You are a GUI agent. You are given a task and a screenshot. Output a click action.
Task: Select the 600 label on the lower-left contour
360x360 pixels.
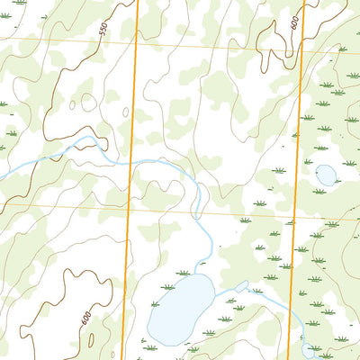[x=85, y=318]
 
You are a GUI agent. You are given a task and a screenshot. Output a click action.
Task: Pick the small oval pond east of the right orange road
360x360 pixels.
[x=325, y=175]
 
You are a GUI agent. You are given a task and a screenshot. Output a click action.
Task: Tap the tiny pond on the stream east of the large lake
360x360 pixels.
[x=241, y=286]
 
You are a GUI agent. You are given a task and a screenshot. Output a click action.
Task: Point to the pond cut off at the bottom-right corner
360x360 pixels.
[x=310, y=351]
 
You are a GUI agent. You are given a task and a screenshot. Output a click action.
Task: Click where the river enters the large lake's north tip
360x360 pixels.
[x=204, y=274]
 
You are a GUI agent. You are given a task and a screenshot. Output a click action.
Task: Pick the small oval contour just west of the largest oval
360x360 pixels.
[x=87, y=103]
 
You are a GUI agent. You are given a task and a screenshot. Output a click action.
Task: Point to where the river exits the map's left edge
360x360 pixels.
[x=2, y=174]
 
